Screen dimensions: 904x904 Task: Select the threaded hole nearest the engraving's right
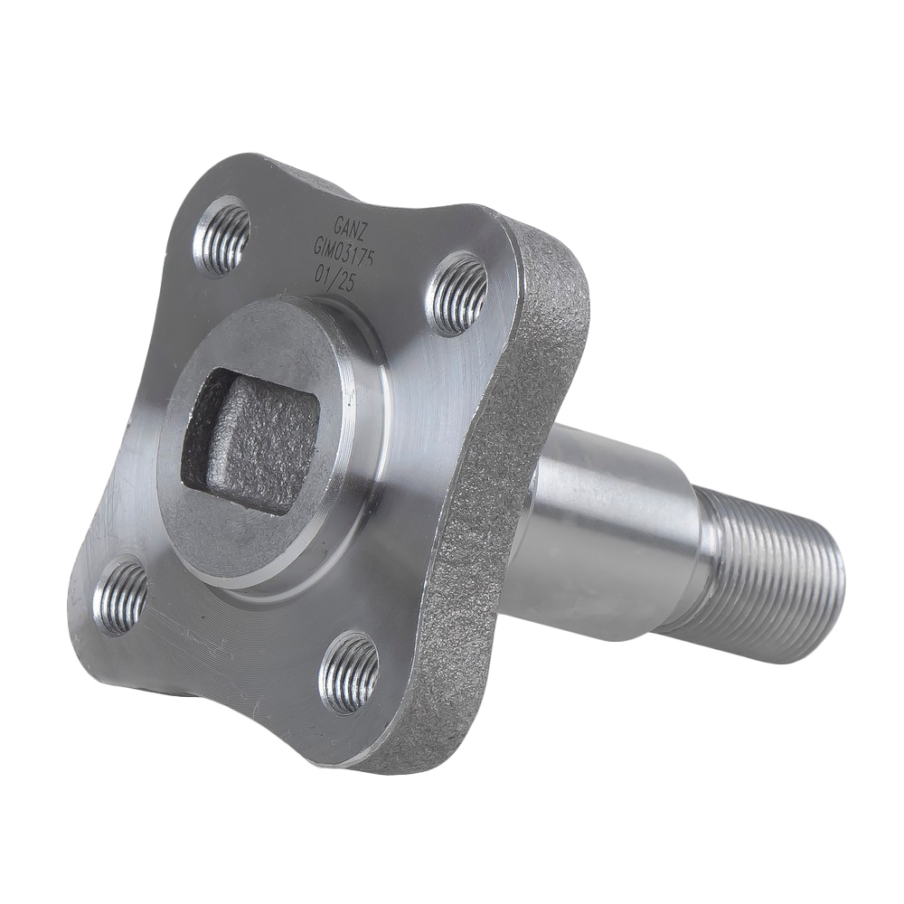(x=457, y=294)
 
